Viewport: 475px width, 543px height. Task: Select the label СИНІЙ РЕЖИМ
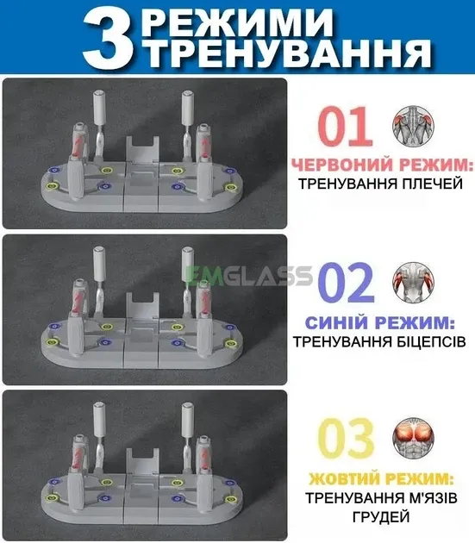(380, 322)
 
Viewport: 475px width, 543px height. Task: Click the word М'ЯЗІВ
(425, 498)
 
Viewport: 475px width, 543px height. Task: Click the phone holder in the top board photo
(143, 151)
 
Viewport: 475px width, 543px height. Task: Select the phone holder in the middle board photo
(143, 308)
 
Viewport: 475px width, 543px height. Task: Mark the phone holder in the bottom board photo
(143, 465)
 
